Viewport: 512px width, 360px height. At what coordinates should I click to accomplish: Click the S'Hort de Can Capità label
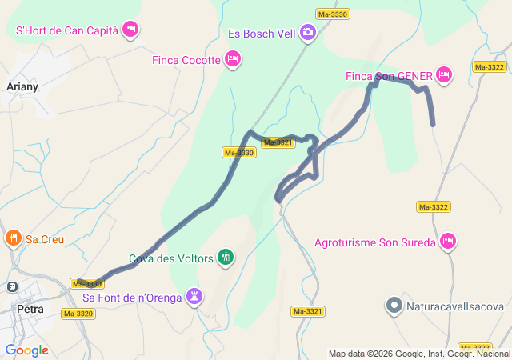click(67, 31)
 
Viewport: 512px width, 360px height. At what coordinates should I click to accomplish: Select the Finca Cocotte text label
click(186, 59)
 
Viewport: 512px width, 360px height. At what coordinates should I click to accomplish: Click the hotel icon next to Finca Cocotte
click(233, 58)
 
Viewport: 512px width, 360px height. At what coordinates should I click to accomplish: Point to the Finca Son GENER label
click(389, 76)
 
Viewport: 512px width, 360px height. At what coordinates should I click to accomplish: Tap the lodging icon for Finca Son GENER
click(444, 75)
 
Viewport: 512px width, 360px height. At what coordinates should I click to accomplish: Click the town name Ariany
click(22, 86)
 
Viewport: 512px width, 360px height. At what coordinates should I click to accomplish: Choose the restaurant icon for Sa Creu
click(13, 238)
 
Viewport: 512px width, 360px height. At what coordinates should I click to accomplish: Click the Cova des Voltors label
click(172, 258)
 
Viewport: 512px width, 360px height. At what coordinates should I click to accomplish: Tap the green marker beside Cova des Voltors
click(226, 258)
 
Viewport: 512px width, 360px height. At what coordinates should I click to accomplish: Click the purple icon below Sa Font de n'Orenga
click(194, 298)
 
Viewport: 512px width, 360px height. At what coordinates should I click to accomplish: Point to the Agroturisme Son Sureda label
click(374, 242)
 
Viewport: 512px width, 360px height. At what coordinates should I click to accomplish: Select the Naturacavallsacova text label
click(454, 306)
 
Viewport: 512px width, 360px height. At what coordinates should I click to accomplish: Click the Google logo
click(26, 350)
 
